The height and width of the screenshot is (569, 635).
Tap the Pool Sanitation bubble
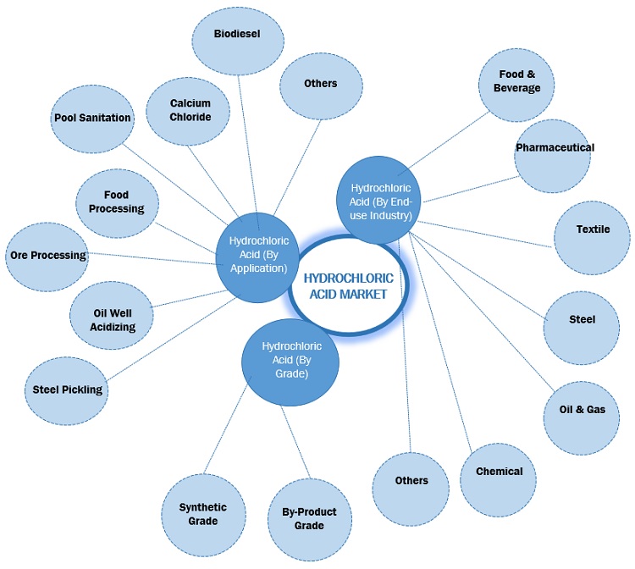click(x=92, y=118)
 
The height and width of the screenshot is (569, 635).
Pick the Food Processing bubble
click(x=117, y=202)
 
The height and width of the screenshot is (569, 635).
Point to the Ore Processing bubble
click(x=47, y=255)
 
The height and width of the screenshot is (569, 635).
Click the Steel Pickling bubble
click(x=68, y=389)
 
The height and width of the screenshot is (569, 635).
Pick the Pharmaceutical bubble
click(x=555, y=147)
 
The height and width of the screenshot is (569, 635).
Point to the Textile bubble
click(x=592, y=229)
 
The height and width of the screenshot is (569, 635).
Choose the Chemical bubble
click(x=499, y=472)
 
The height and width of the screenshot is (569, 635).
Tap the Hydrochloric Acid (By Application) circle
click(x=257, y=255)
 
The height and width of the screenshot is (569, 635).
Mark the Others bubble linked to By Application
click(x=319, y=83)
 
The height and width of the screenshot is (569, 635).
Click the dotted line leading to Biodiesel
click(x=246, y=144)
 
